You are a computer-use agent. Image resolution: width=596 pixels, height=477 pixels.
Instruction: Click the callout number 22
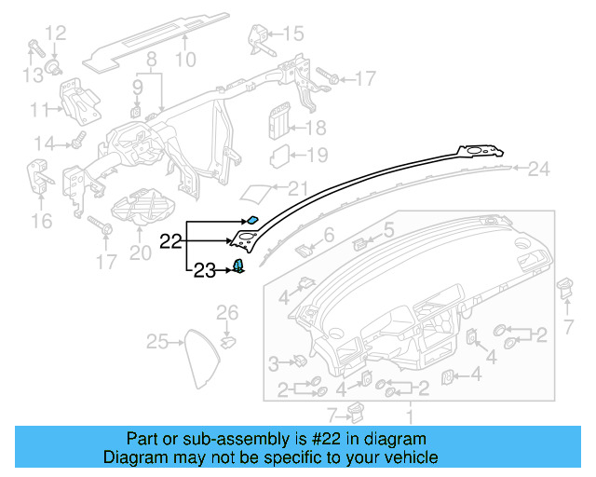[x=170, y=241]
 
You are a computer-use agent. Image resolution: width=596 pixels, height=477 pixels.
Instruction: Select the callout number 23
[x=204, y=271]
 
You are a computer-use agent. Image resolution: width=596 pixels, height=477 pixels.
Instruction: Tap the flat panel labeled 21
[x=256, y=192]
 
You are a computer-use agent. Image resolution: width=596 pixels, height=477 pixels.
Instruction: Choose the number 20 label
[x=139, y=252]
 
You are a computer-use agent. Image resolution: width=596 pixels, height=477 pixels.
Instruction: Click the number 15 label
[x=292, y=34]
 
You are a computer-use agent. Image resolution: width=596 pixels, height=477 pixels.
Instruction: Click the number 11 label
[x=39, y=110]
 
